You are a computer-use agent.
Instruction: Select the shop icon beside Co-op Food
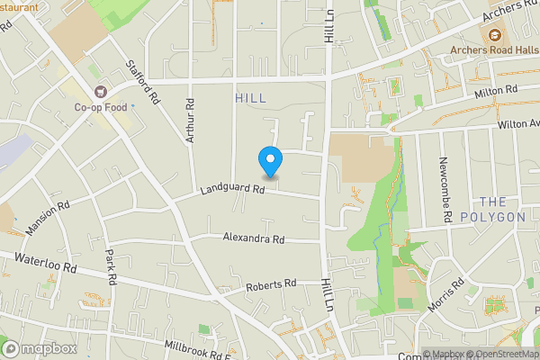(100, 90)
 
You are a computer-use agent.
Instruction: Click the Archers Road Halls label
(494, 49)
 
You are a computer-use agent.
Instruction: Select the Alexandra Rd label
(254, 239)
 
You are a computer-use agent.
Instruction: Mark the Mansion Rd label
(48, 219)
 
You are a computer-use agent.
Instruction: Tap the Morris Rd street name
(446, 295)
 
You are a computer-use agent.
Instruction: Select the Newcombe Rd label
(444, 190)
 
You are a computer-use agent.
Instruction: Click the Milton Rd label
(498, 91)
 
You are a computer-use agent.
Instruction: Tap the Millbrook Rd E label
(197, 348)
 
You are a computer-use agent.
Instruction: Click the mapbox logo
(39, 348)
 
